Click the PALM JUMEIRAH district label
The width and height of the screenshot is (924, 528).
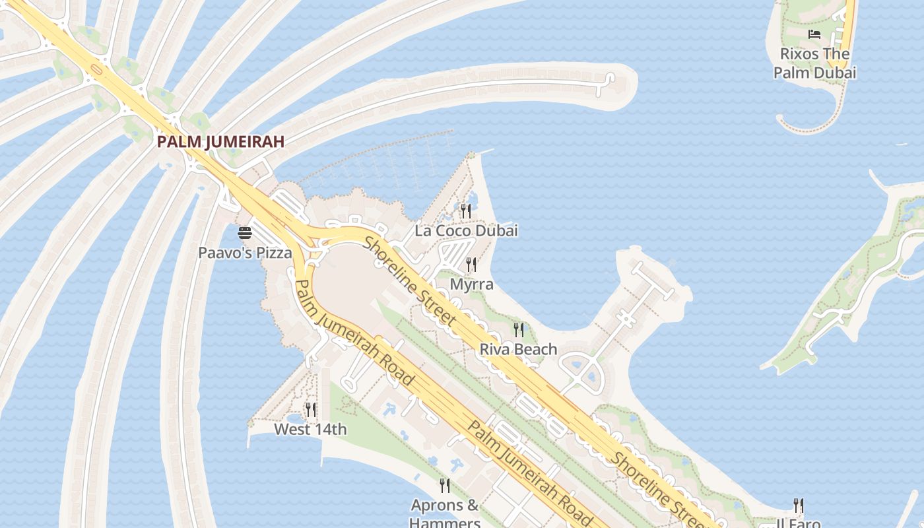220,141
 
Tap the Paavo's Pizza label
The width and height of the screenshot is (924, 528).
245,252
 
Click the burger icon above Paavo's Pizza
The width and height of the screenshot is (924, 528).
245,232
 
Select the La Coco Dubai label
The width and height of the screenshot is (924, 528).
466,230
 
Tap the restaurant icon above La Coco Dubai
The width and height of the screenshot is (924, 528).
466,211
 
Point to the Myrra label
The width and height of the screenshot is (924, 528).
471,284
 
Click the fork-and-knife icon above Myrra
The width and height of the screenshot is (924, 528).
471,265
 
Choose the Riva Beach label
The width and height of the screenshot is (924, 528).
518,349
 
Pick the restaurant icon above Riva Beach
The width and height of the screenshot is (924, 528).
519,329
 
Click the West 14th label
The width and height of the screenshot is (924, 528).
310,430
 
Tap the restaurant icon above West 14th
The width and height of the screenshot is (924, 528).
310,410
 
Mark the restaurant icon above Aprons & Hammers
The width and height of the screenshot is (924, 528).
445,486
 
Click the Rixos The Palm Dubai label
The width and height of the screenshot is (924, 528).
814,63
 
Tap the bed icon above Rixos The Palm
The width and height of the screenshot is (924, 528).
814,34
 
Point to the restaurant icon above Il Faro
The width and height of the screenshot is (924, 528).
799,506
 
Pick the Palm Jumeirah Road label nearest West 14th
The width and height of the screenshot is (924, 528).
354,334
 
